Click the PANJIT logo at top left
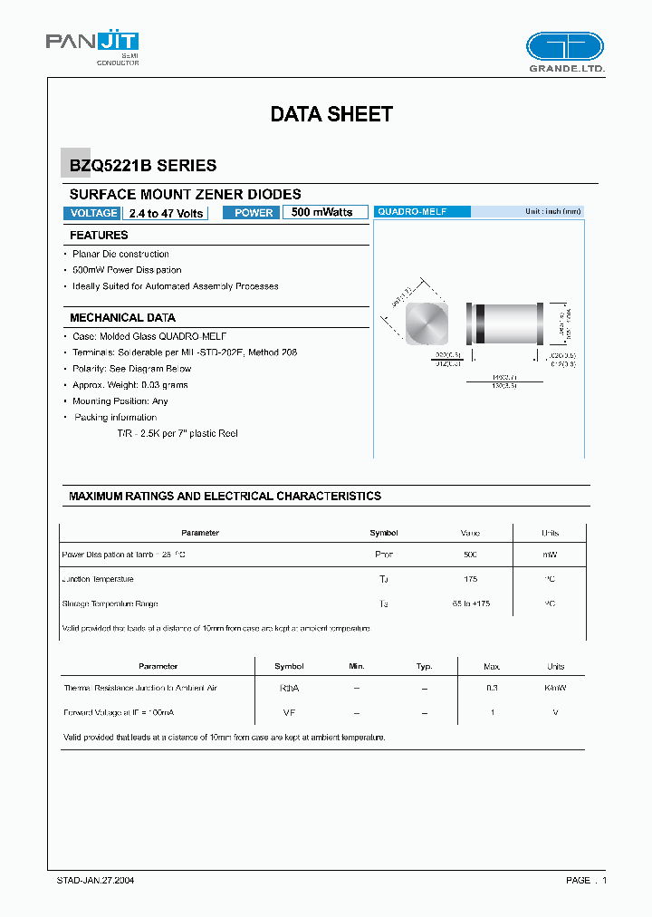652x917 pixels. click(92, 45)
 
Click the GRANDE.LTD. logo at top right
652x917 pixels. click(565, 53)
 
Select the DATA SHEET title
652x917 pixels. click(331, 114)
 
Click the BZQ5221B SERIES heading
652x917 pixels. click(143, 166)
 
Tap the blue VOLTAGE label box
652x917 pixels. click(92, 213)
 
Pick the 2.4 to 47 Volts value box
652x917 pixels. click(167, 213)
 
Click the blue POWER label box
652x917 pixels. click(253, 213)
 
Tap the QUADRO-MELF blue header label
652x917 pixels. click(422, 211)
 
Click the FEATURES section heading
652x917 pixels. click(99, 236)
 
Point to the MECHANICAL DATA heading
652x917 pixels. click(122, 318)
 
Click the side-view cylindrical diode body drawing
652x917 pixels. click(504, 323)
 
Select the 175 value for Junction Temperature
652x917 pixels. click(470, 579)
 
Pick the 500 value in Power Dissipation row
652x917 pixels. click(470, 554)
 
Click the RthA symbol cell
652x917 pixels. click(289, 689)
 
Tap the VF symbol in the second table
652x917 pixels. click(289, 713)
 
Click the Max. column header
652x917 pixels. click(492, 666)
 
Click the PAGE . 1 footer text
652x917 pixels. click(586, 880)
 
